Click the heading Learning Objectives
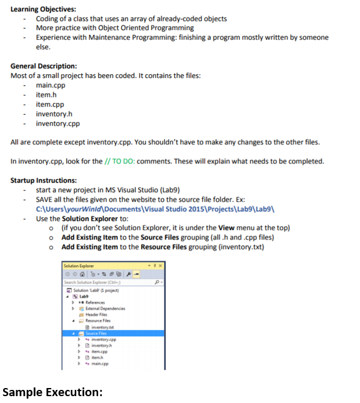coord(42,9)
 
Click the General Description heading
coord(44,66)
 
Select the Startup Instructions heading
coord(44,180)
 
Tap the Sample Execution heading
coord(52,392)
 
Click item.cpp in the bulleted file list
coord(50,104)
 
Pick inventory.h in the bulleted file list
coord(54,114)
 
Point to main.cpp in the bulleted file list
coord(51,85)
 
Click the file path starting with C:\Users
coord(146,209)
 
